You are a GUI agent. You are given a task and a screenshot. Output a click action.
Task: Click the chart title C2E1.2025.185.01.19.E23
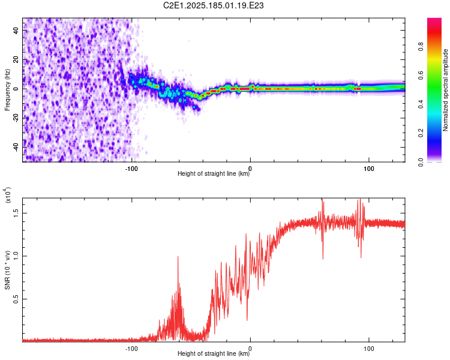[213, 5]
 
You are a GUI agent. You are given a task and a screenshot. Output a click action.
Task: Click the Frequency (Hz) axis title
[7, 90]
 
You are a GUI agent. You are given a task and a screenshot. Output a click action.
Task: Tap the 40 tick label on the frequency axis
[16, 31]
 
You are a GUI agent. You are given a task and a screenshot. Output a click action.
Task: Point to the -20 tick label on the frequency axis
[16, 117]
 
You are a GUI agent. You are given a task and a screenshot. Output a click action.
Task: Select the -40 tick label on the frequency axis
[16, 146]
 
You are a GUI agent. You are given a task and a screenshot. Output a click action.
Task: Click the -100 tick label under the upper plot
[131, 169]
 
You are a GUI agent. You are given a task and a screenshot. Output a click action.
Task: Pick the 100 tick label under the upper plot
[369, 169]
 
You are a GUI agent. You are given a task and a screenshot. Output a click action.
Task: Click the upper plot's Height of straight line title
[214, 173]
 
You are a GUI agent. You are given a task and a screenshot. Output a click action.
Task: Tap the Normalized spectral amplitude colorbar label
[445, 90]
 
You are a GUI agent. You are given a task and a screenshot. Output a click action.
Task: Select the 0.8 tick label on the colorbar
[421, 46]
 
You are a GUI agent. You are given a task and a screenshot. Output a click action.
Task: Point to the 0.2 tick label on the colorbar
[421, 133]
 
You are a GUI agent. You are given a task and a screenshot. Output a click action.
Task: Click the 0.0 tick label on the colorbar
[421, 162]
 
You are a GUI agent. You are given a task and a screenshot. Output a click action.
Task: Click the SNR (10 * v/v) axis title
[7, 270]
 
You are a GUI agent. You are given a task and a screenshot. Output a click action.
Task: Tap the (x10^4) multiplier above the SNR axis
[7, 195]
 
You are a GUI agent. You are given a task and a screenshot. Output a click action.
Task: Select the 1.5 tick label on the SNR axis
[16, 214]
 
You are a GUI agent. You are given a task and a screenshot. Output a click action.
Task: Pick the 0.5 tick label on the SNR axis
[16, 299]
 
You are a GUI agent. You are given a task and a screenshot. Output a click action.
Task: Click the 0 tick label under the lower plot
[250, 349]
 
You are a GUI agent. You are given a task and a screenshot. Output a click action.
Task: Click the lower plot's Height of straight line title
[214, 353]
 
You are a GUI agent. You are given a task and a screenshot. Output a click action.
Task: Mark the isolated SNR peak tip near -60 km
[178, 256]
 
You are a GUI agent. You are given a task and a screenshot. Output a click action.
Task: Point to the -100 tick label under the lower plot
[131, 349]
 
